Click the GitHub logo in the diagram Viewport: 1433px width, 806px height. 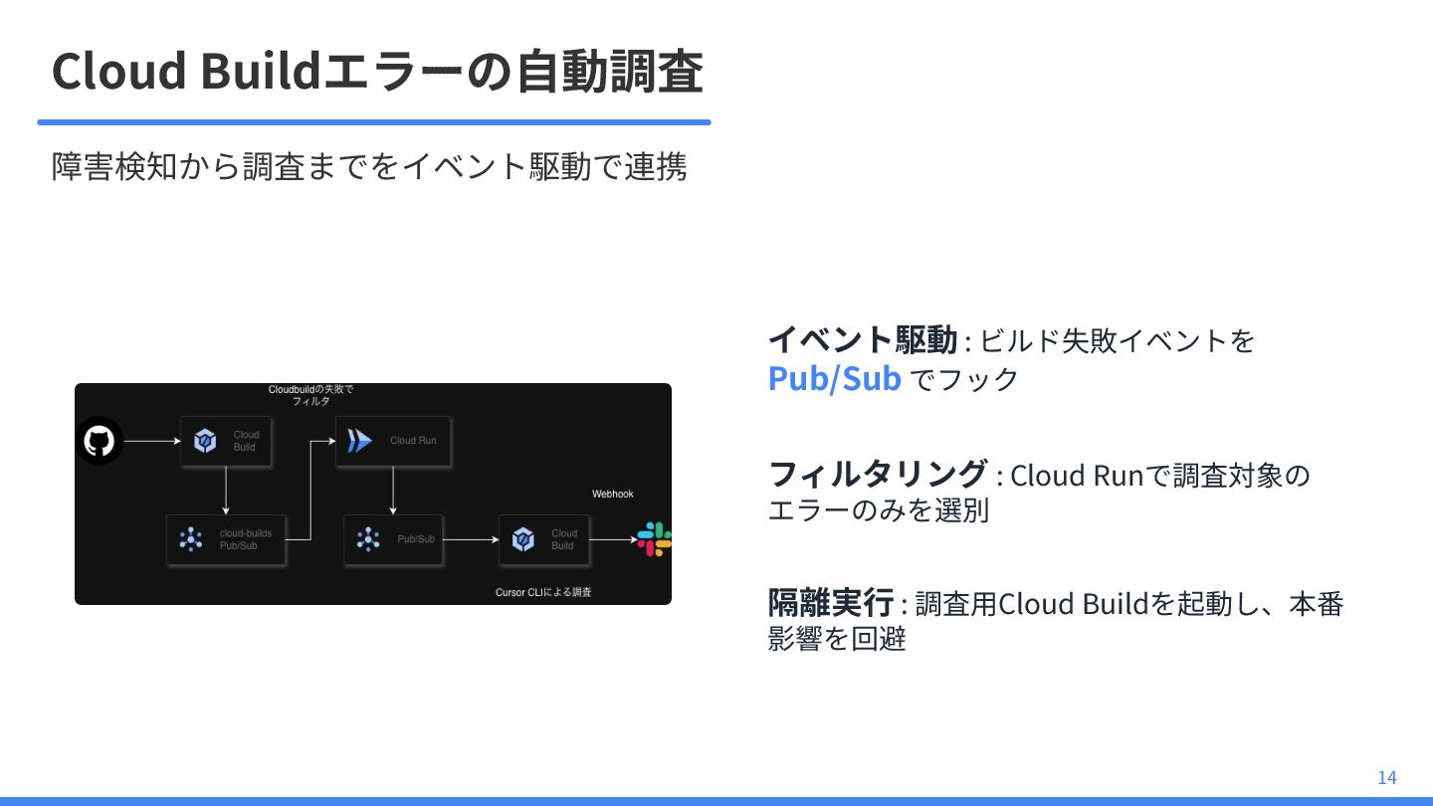99,441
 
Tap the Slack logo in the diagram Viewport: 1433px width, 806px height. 654,539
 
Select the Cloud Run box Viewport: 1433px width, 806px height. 394,441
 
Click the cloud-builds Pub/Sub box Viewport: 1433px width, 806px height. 227,539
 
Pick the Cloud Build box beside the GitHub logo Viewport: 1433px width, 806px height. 227,441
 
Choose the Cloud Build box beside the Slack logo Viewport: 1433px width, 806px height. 543,539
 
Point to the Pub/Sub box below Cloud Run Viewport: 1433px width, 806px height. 394,539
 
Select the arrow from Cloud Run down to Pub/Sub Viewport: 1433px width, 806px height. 394,491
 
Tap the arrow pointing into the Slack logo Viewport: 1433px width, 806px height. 612,539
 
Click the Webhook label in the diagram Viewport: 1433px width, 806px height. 613,494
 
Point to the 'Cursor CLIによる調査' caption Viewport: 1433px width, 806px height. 543,593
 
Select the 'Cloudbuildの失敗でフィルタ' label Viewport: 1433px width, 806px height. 310,395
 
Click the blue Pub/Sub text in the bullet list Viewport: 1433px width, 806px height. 834,379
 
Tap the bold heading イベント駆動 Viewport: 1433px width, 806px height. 862,340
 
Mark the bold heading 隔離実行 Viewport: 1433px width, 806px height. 830,603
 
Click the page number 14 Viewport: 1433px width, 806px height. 1387,777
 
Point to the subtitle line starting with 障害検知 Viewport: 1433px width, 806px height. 369,166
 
